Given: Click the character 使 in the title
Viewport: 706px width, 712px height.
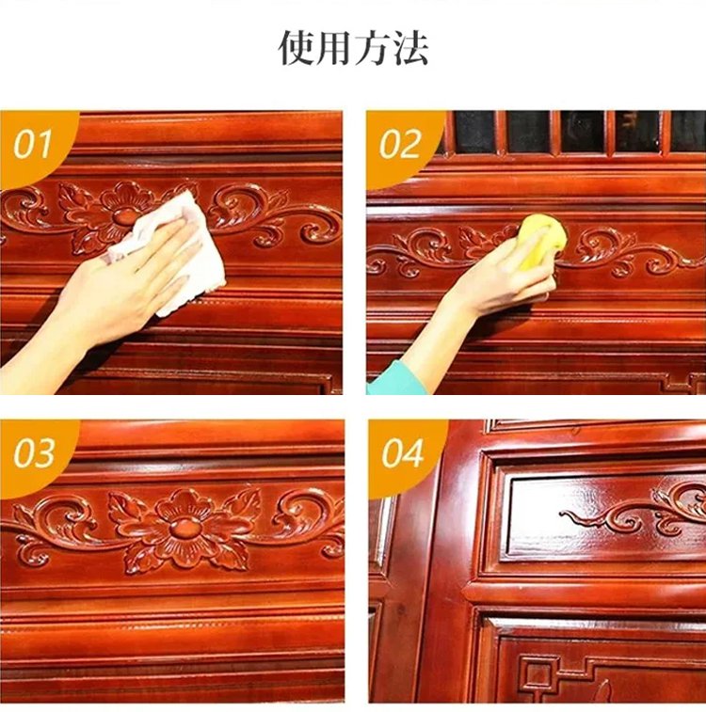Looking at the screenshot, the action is click(297, 47).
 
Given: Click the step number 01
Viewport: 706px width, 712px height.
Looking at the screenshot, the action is click(33, 145).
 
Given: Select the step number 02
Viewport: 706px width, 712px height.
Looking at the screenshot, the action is click(400, 145).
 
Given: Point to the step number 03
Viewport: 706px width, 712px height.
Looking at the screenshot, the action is click(34, 453).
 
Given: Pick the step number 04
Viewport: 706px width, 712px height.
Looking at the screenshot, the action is click(403, 453).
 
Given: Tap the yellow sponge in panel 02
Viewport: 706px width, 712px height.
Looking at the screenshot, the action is click(542, 242).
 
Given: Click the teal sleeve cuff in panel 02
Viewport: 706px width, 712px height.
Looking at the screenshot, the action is click(392, 379).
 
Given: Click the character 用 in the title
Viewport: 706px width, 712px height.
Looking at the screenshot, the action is click(334, 47).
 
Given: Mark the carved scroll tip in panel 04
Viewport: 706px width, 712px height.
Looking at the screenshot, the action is click(565, 514).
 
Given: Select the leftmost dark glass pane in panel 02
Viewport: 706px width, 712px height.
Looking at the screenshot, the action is click(474, 132).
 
